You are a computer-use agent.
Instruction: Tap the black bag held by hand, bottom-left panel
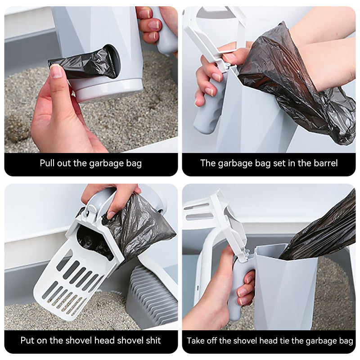point(135,225)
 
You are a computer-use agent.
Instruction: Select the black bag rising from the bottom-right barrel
point(324,229)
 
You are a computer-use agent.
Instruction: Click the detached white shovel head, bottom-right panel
point(216,216)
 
